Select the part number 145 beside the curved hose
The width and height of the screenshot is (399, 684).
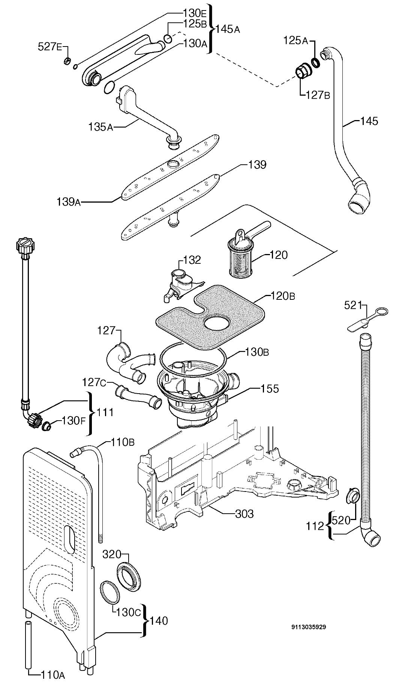coord(369,121)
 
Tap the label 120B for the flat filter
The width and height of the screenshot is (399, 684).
coord(283,296)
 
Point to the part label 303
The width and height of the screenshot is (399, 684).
coord(244,514)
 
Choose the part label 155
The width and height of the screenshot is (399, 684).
coord(270,389)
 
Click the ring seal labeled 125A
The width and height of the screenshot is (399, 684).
coord(316,63)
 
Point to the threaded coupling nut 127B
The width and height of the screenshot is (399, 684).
coord(302,71)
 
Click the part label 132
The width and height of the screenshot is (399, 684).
coord(192,260)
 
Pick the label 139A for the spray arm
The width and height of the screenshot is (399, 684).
coord(68,202)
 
